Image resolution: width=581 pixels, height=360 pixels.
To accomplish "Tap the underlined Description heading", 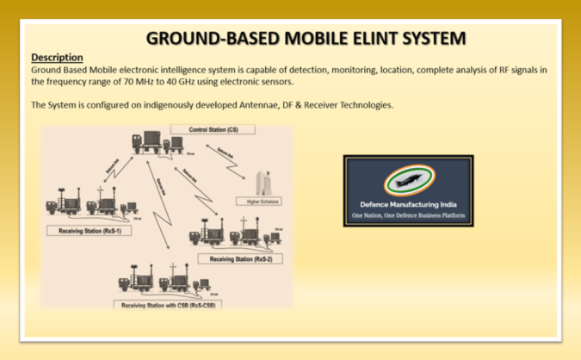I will (57, 57).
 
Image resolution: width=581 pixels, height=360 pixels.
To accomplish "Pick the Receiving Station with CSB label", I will (169, 304).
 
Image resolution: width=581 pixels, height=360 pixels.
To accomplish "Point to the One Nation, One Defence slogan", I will (408, 215).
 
